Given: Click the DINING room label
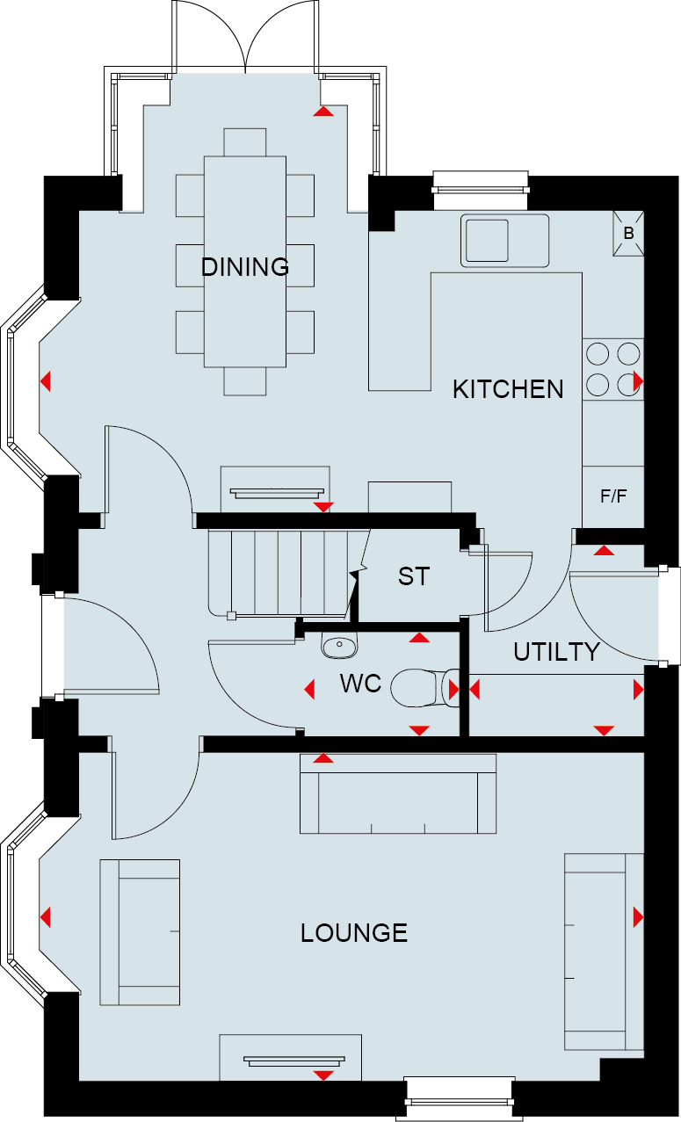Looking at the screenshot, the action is click(x=245, y=267).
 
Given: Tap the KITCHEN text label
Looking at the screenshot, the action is click(x=508, y=389).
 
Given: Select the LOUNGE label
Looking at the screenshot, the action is click(x=354, y=933).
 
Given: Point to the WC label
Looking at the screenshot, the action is click(x=360, y=684).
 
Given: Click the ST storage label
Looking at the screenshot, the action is click(x=414, y=576).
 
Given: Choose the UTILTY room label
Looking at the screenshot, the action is click(x=556, y=652).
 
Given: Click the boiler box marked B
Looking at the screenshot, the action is click(x=628, y=234).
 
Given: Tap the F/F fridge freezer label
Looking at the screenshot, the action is click(x=613, y=496).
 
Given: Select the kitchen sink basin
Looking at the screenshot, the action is click(x=487, y=241).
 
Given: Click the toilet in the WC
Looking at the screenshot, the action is click(x=424, y=688).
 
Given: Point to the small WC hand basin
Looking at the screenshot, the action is click(x=339, y=645).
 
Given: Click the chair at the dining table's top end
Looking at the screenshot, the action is click(x=245, y=141).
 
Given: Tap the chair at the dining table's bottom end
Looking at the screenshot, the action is click(x=245, y=381).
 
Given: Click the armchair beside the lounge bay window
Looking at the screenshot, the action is click(x=140, y=933).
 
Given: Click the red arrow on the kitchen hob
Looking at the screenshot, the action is click(x=639, y=381).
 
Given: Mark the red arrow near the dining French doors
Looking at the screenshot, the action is click(x=323, y=112).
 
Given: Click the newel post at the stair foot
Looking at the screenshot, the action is click(x=231, y=616).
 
